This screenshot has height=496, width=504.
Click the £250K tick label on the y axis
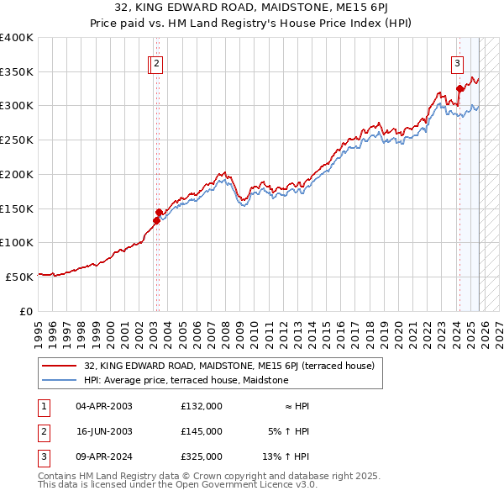click(x=17, y=140)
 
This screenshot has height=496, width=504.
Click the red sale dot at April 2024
click(x=459, y=88)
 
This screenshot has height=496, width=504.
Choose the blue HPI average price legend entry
click(x=186, y=380)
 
